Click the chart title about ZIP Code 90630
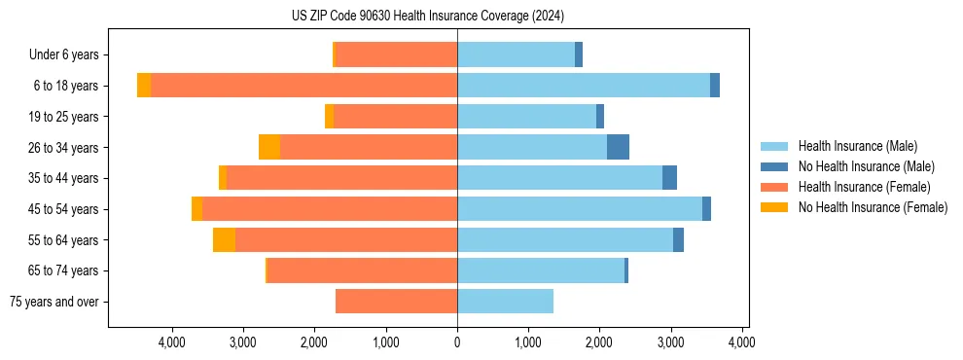tap(428, 16)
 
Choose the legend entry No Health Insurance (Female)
tap(873, 207)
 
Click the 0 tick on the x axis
tap(457, 342)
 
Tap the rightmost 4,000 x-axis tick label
tap(742, 342)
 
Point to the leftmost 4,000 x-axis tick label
tap(172, 342)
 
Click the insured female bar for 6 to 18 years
tap(303, 86)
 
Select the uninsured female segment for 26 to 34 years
tap(269, 148)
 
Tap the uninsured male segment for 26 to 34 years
tap(618, 148)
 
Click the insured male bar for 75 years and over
tap(505, 302)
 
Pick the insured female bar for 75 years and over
tap(396, 302)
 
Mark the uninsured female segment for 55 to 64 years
tap(224, 240)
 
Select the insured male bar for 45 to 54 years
tap(580, 209)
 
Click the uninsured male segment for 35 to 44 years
tap(669, 178)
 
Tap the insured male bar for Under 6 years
tap(516, 55)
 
